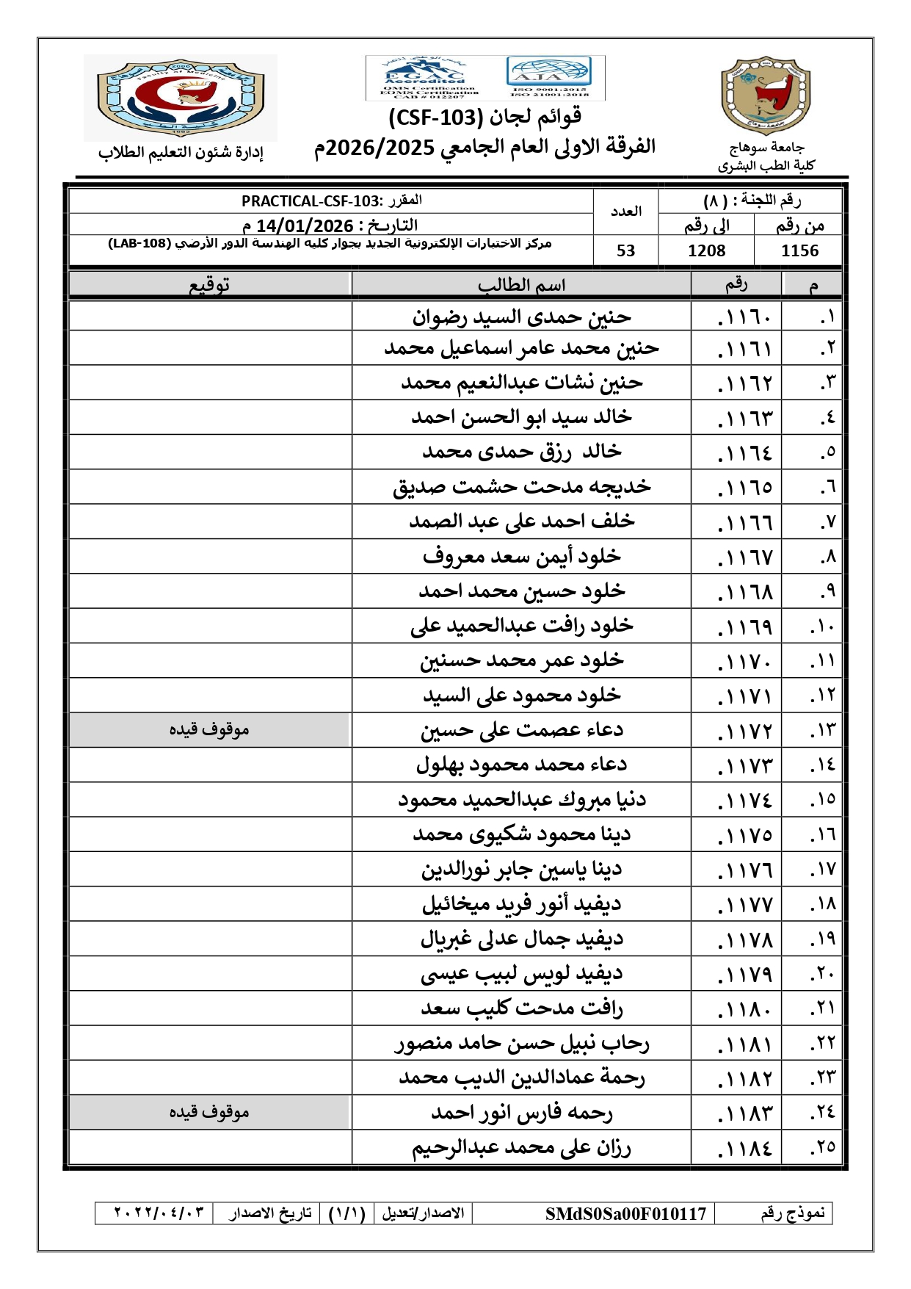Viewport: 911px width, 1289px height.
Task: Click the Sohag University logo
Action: [766, 96]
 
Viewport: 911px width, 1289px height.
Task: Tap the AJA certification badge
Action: [548, 76]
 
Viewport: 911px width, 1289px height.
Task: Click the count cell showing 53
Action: [625, 250]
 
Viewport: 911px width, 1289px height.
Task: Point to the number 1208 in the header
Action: [706, 250]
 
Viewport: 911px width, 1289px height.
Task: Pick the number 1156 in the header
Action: [799, 250]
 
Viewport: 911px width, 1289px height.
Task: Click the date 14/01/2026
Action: [305, 225]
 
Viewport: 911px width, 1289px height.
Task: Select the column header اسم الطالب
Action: [521, 285]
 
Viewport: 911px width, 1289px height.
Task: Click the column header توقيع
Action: [209, 285]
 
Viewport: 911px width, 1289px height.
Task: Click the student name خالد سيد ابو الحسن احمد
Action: [521, 417]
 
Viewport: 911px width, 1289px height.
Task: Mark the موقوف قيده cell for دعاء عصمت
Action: [209, 730]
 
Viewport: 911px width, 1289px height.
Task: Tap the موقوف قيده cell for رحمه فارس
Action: [209, 1113]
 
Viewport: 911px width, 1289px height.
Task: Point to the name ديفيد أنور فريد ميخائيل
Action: [521, 904]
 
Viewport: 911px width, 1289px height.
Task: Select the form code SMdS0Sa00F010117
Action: [625, 1214]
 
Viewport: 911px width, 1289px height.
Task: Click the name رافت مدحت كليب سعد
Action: [521, 1008]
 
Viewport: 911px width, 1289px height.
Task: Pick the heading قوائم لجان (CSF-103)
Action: [484, 117]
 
